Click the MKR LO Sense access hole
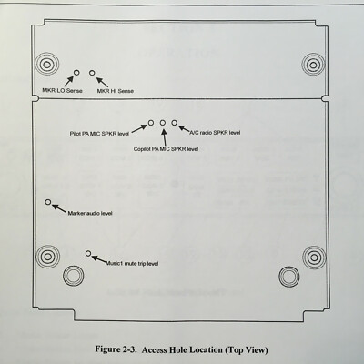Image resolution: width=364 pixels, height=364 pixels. pos(76,73)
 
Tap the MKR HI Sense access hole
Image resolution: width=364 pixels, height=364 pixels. pos(92,73)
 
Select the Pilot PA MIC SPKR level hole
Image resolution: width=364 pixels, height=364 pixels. pos(151,123)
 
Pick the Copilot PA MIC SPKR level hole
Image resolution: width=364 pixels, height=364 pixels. pos(163,123)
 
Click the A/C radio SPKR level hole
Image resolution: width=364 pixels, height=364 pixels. pos(174,123)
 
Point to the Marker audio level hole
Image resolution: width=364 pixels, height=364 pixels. pos(47,202)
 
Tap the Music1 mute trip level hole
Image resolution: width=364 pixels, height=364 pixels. pos(88,253)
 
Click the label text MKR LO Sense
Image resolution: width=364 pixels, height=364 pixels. pos(62,91)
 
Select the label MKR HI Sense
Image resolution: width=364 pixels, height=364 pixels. pos(116,91)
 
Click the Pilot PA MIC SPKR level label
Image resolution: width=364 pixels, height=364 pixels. pos(99,134)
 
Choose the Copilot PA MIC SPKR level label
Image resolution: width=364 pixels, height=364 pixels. pos(166,149)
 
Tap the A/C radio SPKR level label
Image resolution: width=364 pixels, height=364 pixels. pos(215,133)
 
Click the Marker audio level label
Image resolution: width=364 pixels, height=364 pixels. pos(90,214)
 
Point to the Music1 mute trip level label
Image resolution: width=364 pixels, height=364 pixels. pos(132,264)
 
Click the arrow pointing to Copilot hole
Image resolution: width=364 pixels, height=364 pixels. pos(165,136)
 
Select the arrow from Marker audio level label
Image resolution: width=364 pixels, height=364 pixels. pos(59,208)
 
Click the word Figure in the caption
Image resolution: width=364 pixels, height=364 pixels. pos(107,349)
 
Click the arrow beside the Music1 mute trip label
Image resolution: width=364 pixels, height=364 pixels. pos(99,259)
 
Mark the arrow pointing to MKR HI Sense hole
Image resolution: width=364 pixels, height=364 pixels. pos(102,83)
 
